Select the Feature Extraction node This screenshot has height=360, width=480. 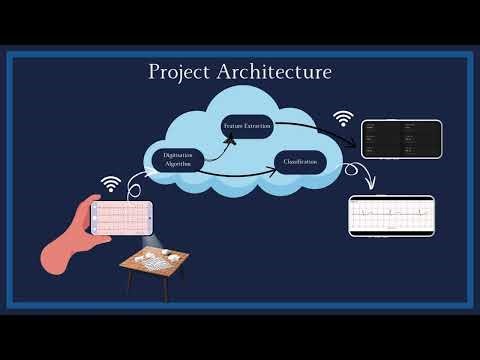point(247,127)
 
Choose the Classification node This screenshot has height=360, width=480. point(300,161)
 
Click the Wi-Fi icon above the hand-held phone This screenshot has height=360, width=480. point(110,185)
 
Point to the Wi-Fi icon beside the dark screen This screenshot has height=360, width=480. point(344,119)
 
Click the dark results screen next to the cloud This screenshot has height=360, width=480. point(400,139)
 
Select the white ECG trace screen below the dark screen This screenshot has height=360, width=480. point(392,216)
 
